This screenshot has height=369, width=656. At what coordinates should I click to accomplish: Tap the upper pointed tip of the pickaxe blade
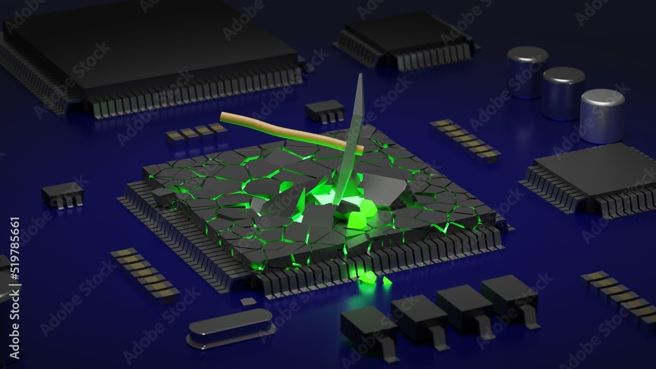[x=360, y=77]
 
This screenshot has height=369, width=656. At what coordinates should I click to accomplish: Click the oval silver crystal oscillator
[x=230, y=327]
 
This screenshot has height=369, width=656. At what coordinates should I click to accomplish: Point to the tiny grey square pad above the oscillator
[x=248, y=301]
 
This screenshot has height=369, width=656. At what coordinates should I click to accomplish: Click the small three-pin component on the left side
[x=62, y=193]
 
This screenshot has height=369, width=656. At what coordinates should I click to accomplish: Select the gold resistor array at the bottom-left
[x=144, y=273]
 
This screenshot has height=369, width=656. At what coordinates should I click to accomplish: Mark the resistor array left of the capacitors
[x=465, y=139]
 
